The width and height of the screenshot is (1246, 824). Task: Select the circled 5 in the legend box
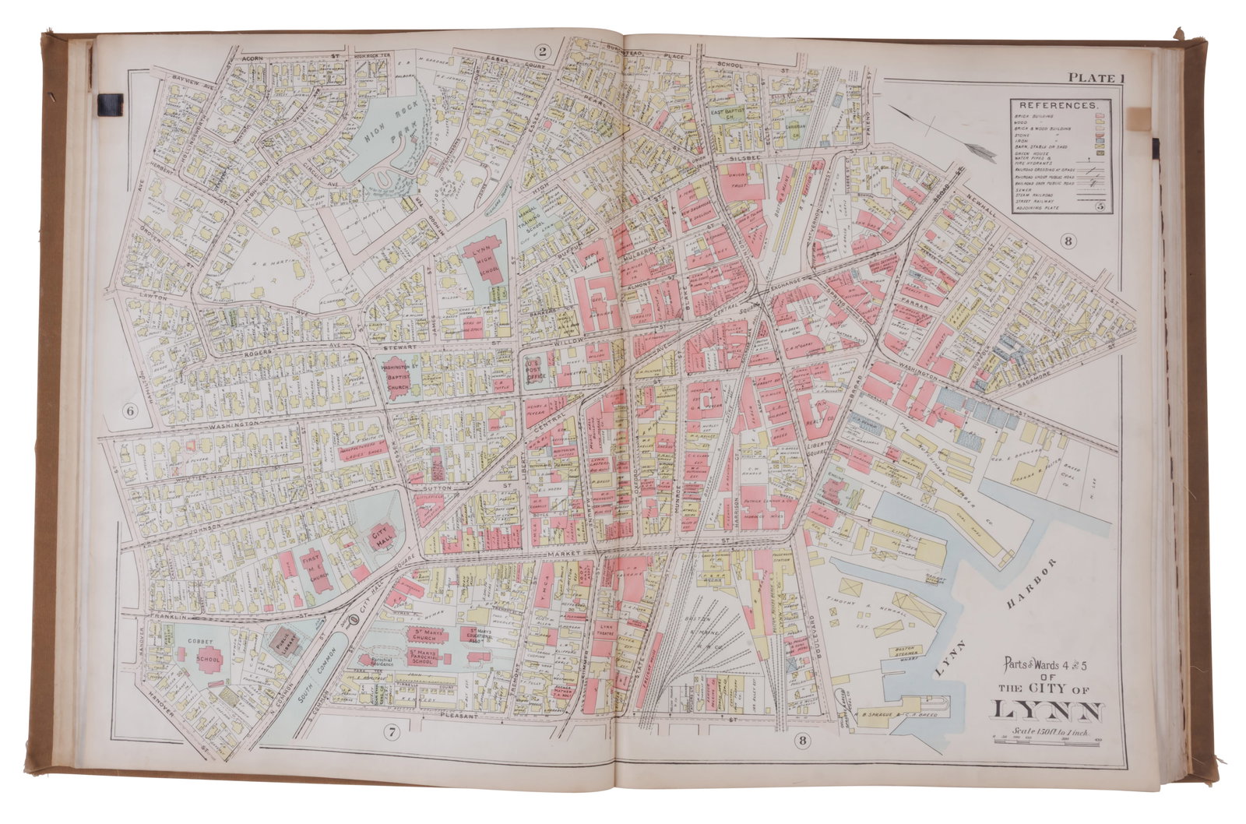[x=1100, y=206]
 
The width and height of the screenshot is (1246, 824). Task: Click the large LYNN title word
[x=1045, y=710]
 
